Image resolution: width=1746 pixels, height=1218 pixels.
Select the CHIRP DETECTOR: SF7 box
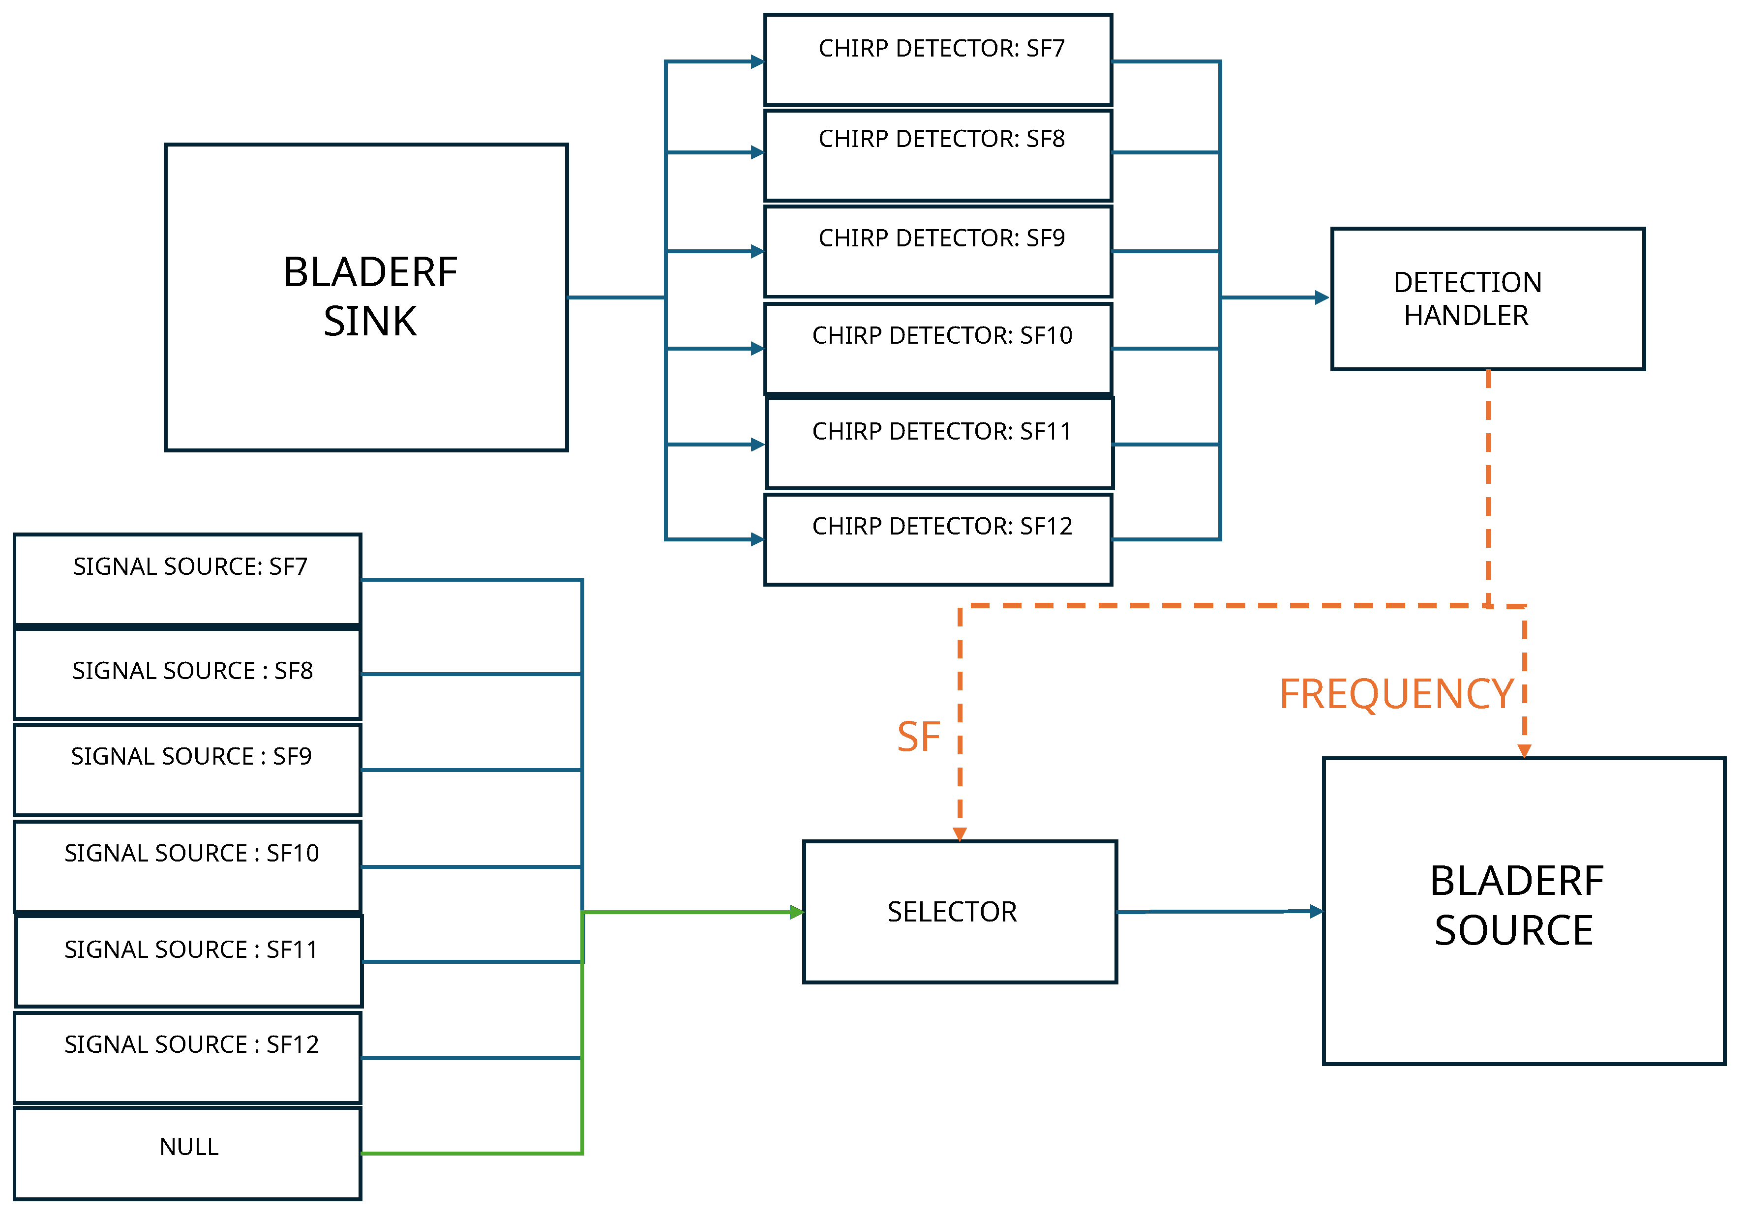click(x=937, y=60)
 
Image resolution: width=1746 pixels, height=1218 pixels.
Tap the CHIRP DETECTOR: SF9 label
click(x=941, y=238)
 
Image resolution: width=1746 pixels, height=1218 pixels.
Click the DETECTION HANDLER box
click(x=1487, y=299)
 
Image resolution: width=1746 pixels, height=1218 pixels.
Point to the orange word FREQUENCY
click(x=1396, y=694)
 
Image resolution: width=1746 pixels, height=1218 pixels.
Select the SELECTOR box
click(x=960, y=912)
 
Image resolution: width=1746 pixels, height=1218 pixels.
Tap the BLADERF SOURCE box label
click(x=1516, y=906)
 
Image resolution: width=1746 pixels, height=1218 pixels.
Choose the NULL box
click(x=188, y=1153)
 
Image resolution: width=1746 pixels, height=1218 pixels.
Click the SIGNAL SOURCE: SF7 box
click(x=188, y=579)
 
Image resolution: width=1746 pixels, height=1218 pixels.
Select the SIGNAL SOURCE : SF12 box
click(x=188, y=1057)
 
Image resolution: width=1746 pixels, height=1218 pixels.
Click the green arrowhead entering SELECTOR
click(x=796, y=912)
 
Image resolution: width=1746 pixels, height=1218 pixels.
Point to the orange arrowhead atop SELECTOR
click(x=960, y=834)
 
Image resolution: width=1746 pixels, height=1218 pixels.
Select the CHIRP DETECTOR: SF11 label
click(x=941, y=431)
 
